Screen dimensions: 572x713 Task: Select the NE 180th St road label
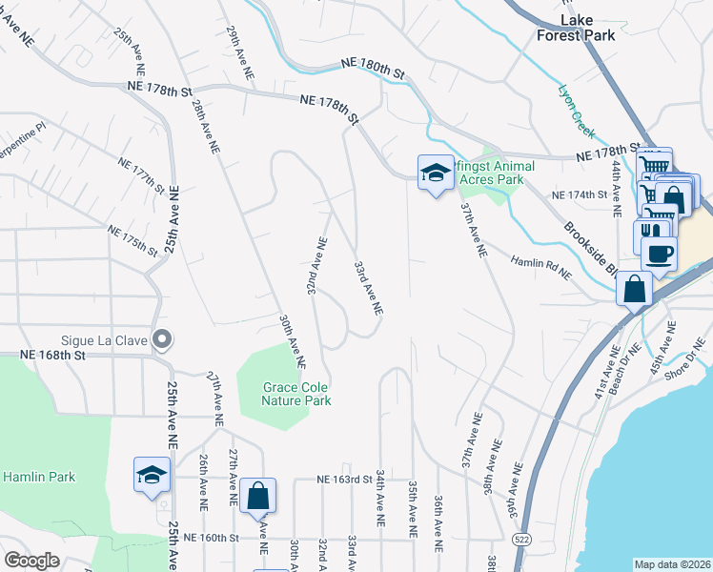(x=374, y=70)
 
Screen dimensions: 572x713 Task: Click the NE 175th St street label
(x=132, y=240)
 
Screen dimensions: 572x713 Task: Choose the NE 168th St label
(x=53, y=355)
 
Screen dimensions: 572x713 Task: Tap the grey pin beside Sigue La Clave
(x=163, y=338)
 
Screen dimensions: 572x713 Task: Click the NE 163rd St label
(x=343, y=480)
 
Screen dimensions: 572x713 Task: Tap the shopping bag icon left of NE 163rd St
(x=257, y=496)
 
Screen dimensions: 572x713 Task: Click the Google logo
(x=31, y=561)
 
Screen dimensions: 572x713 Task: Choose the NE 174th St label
(x=581, y=195)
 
